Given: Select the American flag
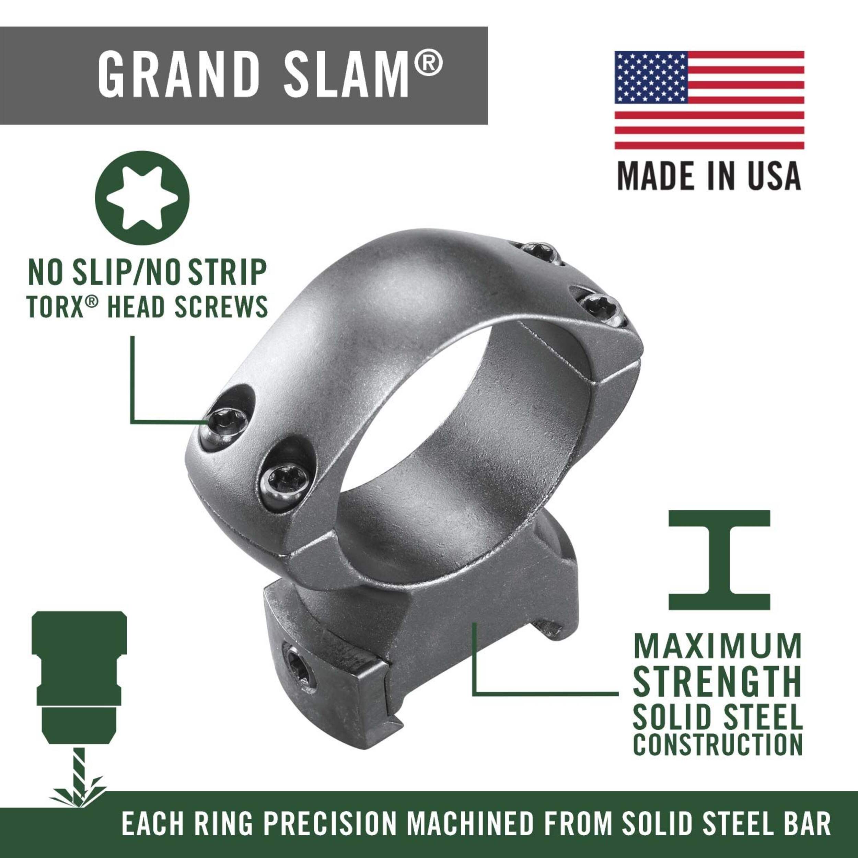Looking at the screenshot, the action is [x=709, y=100].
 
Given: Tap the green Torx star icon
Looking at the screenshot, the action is [x=142, y=198].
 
